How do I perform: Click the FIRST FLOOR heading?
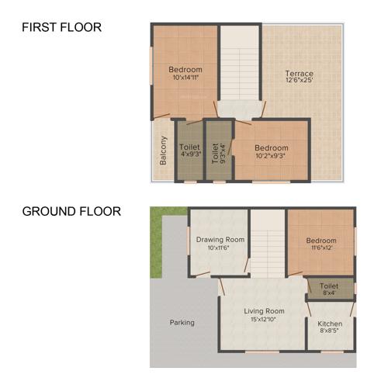tap(61, 28)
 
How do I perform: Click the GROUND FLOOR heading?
tap(71, 211)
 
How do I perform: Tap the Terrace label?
tap(299, 74)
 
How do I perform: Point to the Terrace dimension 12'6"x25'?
tap(299, 82)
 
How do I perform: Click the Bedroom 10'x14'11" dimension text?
tap(185, 78)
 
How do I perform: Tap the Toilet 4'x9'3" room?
tap(190, 150)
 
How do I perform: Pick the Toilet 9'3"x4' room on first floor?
tap(218, 150)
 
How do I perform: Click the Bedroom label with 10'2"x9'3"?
tap(272, 148)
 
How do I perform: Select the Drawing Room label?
tap(220, 240)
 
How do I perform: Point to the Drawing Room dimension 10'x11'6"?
tap(220, 248)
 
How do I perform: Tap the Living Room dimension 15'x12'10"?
tap(262, 320)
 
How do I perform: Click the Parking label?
tap(182, 322)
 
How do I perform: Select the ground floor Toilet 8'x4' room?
tap(330, 288)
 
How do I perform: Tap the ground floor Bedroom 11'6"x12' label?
tap(320, 241)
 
